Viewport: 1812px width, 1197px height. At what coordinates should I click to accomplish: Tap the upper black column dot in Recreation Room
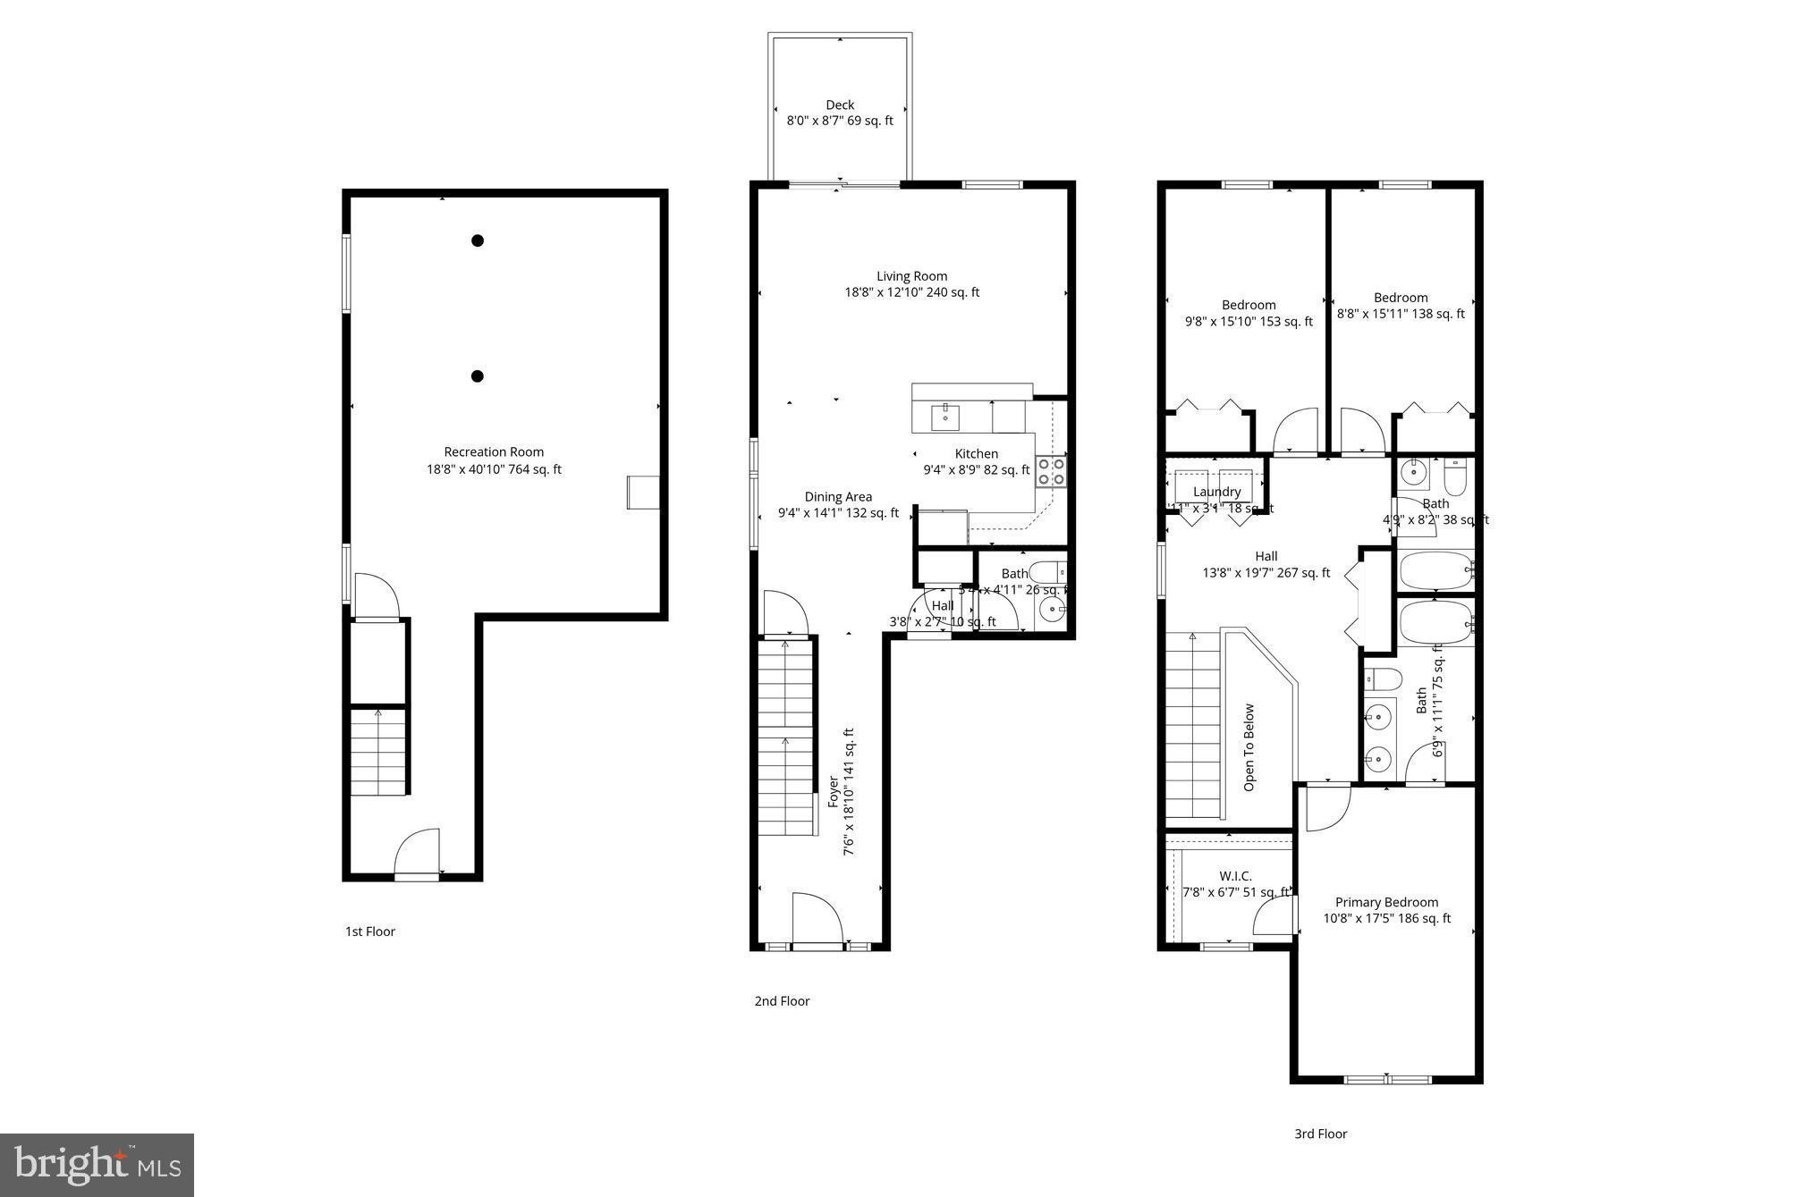[478, 240]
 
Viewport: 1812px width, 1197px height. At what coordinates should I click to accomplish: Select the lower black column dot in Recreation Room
[478, 376]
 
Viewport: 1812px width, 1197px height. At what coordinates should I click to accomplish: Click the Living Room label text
[911, 276]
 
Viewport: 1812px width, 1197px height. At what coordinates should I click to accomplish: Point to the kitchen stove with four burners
[1051, 471]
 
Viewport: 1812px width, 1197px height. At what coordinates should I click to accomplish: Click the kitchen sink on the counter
[945, 416]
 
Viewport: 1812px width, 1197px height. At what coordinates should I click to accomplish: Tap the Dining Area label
[838, 497]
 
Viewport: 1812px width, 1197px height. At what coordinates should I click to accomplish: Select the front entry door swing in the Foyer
[816, 918]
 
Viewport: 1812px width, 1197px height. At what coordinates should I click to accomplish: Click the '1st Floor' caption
[370, 931]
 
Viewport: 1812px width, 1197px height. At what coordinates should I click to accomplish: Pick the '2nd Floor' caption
[782, 1001]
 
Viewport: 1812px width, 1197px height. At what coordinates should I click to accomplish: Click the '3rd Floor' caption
[1320, 1134]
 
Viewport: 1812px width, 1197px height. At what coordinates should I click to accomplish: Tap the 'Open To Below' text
[1249, 747]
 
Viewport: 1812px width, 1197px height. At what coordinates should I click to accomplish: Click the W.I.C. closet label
[1235, 876]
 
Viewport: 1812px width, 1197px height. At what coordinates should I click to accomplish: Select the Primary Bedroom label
[1386, 903]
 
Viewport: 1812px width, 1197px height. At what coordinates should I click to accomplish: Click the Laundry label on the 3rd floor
[1216, 492]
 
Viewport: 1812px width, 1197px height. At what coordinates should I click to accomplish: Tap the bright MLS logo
[97, 1165]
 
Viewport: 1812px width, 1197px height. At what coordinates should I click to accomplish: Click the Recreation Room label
[494, 452]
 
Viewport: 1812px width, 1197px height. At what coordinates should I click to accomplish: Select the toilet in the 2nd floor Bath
[1046, 571]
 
